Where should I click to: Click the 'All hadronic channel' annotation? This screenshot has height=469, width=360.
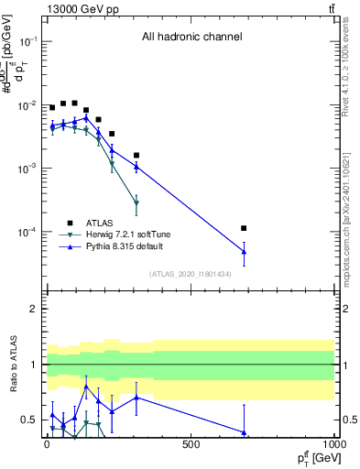tap(191, 38)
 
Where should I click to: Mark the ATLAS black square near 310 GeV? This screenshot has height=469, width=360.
tap(136, 156)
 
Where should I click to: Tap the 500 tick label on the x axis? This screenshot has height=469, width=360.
tap(191, 443)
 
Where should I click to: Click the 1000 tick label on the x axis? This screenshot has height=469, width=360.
tap(334, 443)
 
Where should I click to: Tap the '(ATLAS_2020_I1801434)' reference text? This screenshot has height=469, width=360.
tap(191, 274)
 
